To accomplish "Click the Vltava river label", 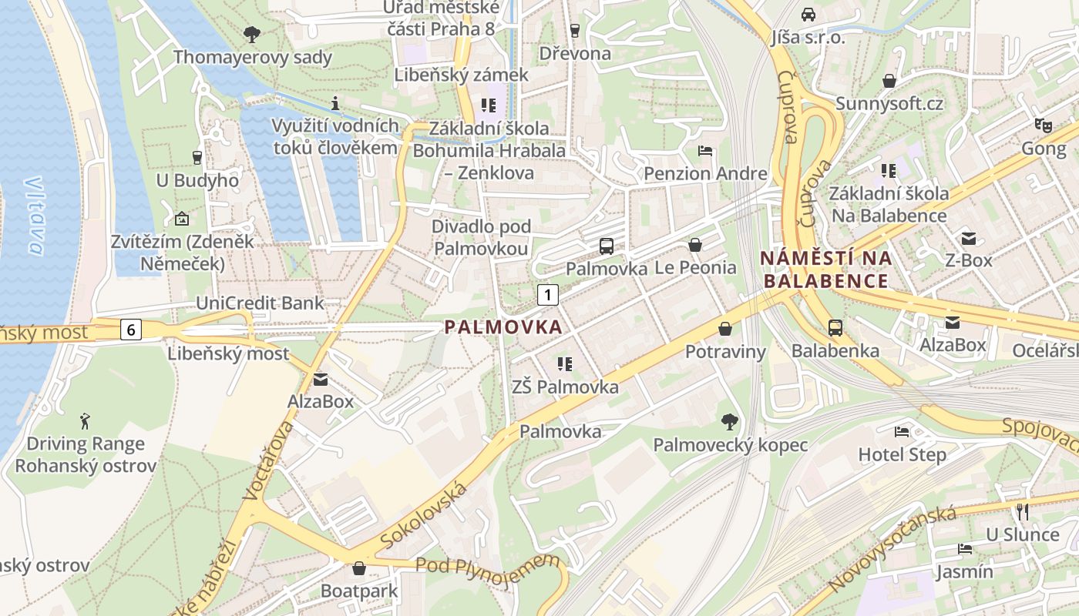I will click(33, 216).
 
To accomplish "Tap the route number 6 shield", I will click(131, 330).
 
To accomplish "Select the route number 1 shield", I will click(547, 293).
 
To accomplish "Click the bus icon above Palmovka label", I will click(607, 246).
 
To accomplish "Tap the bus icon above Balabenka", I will click(835, 328).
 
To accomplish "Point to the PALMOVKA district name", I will click(503, 327).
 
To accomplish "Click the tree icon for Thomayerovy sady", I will click(252, 34).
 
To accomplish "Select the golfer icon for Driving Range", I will click(85, 421).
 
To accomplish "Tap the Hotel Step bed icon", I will click(902, 431).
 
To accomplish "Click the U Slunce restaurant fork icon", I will click(1023, 511).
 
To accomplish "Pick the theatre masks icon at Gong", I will click(1044, 125).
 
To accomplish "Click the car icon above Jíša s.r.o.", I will click(808, 14).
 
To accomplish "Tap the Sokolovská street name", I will click(425, 514).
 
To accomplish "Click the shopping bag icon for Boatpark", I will click(359, 568).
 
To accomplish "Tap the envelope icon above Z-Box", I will click(968, 238).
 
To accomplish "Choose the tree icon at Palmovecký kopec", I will click(729, 421).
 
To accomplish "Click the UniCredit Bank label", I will click(260, 303).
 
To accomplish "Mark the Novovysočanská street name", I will click(893, 548).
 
